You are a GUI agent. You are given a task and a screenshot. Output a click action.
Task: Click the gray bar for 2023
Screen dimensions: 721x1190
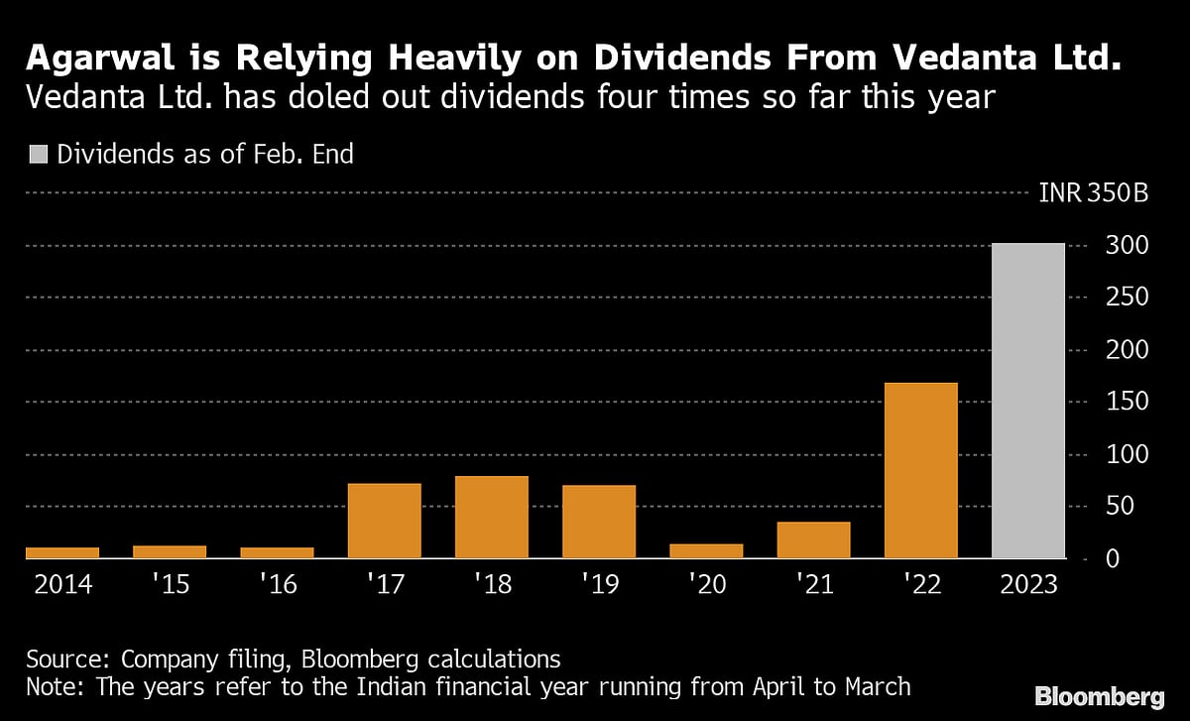tap(1028, 401)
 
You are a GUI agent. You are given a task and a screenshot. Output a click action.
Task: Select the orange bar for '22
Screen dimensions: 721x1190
tap(921, 470)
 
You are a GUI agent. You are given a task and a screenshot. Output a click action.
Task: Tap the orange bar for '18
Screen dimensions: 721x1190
tap(492, 517)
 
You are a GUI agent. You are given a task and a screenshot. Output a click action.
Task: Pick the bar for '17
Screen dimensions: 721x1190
tap(385, 521)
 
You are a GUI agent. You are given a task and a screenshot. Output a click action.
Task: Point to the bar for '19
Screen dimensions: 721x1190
tap(599, 522)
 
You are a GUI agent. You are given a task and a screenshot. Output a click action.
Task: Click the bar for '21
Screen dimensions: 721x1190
tap(814, 540)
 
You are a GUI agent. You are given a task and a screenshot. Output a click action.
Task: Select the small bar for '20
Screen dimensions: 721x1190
tap(707, 550)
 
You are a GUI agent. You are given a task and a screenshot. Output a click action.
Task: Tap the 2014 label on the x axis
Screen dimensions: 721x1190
tap(63, 584)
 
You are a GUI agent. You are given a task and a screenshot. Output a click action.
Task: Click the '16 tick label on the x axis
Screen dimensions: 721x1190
tap(278, 584)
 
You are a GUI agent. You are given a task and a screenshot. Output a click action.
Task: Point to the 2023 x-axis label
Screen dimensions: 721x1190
tap(1028, 584)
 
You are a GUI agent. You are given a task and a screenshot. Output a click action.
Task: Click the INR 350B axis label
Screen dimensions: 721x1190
tap(1093, 192)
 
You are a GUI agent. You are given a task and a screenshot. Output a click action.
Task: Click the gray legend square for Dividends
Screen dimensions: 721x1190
tap(38, 154)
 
